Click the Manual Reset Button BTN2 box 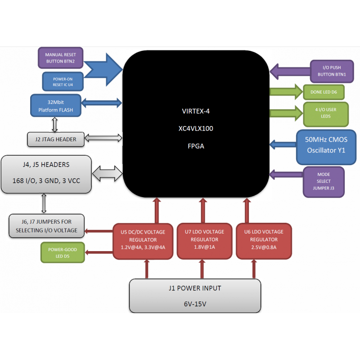[x=60, y=58]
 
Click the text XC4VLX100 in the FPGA [x=196, y=128]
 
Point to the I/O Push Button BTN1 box [x=328, y=71]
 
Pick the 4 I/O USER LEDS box [x=326, y=113]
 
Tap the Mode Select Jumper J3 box [x=324, y=182]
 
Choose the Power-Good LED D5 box [x=62, y=252]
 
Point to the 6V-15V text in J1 [x=194, y=304]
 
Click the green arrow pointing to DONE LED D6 [x=286, y=92]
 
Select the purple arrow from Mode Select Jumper [x=286, y=174]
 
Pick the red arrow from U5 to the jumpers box [x=99, y=232]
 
